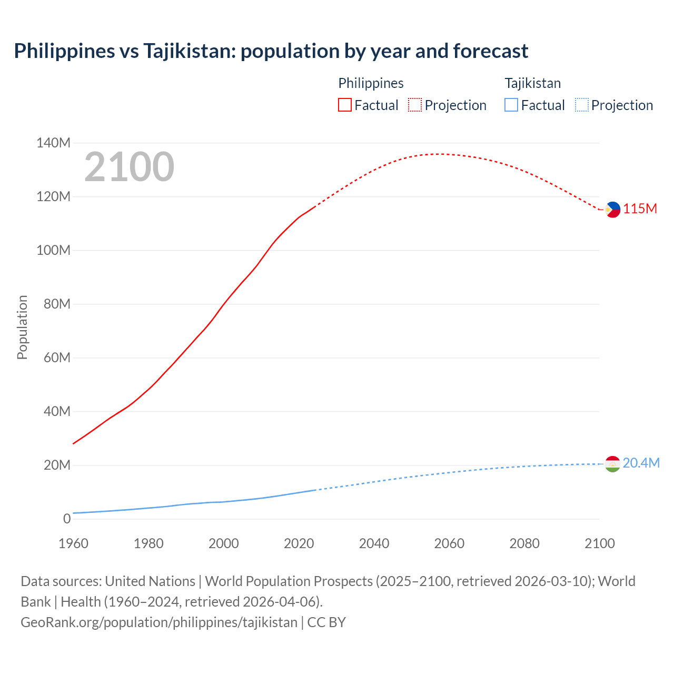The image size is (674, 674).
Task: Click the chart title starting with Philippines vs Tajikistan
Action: click(x=271, y=51)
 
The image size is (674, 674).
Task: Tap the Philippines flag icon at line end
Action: click(x=612, y=210)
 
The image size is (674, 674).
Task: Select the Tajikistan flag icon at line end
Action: click(x=612, y=464)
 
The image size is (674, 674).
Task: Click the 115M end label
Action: click(x=640, y=209)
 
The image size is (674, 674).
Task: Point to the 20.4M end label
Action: click(x=641, y=463)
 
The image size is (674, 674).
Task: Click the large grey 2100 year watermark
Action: click(x=129, y=167)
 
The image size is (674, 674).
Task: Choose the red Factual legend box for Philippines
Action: click(x=344, y=105)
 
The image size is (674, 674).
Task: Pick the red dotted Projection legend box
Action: click(x=415, y=105)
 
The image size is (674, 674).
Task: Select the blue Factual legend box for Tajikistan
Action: click(x=511, y=105)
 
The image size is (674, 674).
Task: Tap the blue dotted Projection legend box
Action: click(x=581, y=105)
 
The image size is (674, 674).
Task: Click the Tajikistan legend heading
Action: click(x=532, y=83)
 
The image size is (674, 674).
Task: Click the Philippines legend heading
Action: click(x=371, y=83)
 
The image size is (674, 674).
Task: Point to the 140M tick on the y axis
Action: click(x=53, y=143)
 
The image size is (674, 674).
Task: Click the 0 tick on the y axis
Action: click(x=66, y=519)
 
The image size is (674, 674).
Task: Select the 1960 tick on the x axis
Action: click(x=73, y=543)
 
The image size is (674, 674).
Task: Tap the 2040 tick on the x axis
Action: click(x=374, y=543)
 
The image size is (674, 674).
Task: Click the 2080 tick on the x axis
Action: click(x=524, y=543)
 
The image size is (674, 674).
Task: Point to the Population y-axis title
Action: click(x=22, y=328)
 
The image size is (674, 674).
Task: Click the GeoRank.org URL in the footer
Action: click(x=159, y=622)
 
